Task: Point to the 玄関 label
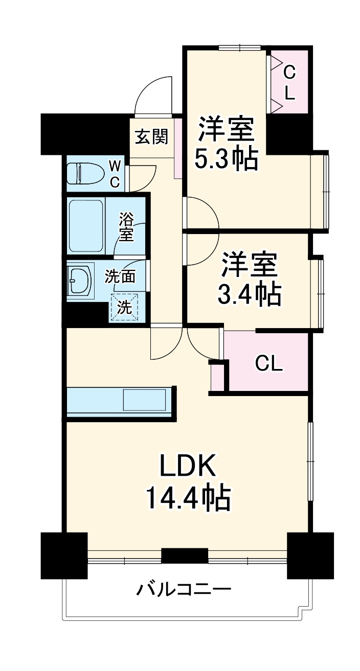point(151,136)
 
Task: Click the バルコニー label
point(184,590)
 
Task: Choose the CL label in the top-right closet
point(289,83)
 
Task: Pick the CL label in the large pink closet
point(269,363)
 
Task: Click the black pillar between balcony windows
point(185,555)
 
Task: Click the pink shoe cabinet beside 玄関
point(178,148)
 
